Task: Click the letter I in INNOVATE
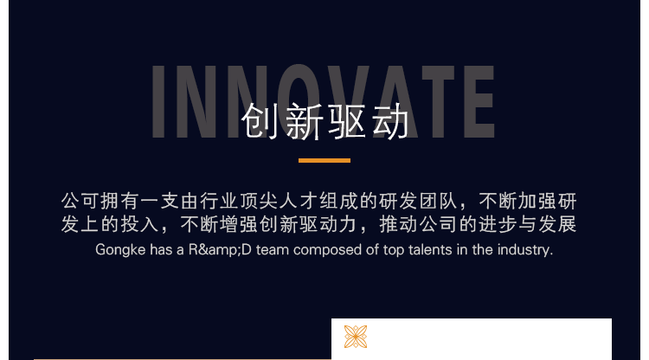[158, 101]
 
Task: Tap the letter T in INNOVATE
[439, 101]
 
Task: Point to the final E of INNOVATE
[479, 101]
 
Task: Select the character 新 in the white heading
[304, 121]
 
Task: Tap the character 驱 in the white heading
[347, 121]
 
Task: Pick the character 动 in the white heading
[390, 121]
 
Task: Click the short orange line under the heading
[324, 161]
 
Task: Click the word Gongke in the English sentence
[120, 250]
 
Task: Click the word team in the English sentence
[273, 250]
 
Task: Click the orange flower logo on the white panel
[356, 337]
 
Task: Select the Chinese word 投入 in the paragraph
[140, 224]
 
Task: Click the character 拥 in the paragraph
[110, 201]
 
